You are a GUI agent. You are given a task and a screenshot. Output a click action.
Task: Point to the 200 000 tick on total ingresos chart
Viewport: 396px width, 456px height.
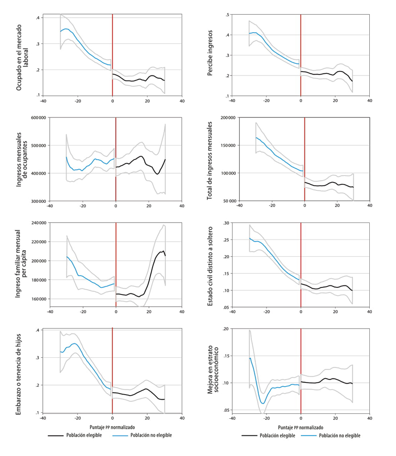coord(227,118)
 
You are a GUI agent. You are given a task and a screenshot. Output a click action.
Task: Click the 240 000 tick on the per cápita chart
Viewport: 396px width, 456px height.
coord(38,222)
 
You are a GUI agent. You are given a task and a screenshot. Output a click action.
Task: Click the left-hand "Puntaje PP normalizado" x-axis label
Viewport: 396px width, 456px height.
coord(112,426)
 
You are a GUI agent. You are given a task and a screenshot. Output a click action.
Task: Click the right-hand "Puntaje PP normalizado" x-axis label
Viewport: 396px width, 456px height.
coord(301,426)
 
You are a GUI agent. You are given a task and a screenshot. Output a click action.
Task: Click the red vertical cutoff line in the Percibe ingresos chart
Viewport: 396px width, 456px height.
coord(301,55)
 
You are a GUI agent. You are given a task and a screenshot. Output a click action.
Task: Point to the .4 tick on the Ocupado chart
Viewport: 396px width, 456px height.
coord(38,18)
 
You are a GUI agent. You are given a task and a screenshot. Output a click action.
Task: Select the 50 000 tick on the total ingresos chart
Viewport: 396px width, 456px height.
coord(229,201)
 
